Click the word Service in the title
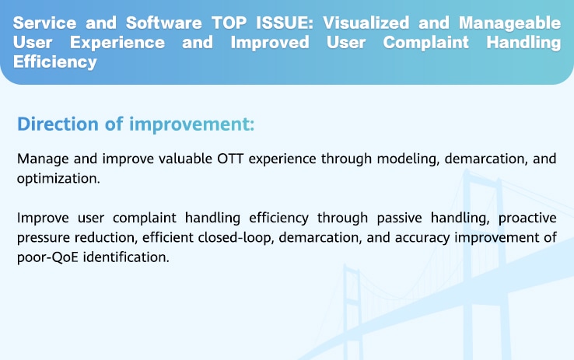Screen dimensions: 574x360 click(x=44, y=23)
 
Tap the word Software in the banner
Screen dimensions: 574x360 click(x=163, y=23)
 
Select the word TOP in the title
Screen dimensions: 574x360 click(x=229, y=23)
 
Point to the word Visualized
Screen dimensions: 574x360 click(x=366, y=23)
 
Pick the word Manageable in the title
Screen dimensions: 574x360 click(x=509, y=23)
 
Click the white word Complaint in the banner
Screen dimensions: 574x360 click(x=425, y=43)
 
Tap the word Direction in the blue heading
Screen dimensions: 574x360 click(x=58, y=124)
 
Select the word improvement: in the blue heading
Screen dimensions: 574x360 click(x=191, y=124)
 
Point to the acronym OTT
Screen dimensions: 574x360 click(x=230, y=159)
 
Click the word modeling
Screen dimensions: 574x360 click(x=408, y=159)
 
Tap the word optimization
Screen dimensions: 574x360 click(x=58, y=179)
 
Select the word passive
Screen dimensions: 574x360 click(x=399, y=218)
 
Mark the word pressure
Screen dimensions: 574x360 click(x=44, y=238)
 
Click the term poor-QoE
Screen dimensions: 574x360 click(x=47, y=257)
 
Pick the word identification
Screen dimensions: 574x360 click(x=126, y=257)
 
